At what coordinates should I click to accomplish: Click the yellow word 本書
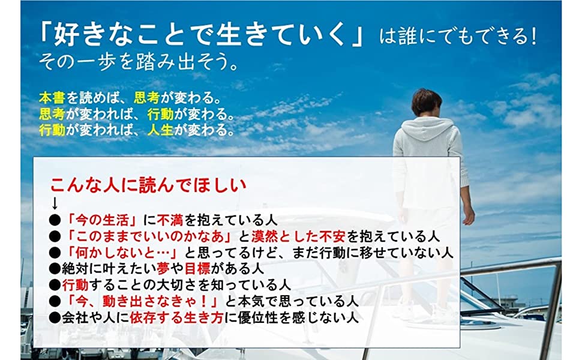coord(52,98)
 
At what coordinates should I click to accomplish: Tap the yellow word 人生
coord(160,130)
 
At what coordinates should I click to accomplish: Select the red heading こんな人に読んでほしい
coord(148,185)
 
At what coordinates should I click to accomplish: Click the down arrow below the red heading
coord(55,203)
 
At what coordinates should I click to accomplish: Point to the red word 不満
coord(170,220)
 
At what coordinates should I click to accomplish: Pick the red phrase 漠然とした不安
coord(298,236)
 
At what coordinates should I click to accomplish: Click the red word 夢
coord(163,269)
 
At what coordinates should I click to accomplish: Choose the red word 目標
coord(197,269)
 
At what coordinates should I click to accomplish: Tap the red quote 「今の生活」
coord(103,220)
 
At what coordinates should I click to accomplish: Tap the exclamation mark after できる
coord(533,37)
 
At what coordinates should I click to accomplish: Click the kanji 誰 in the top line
coord(408,37)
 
